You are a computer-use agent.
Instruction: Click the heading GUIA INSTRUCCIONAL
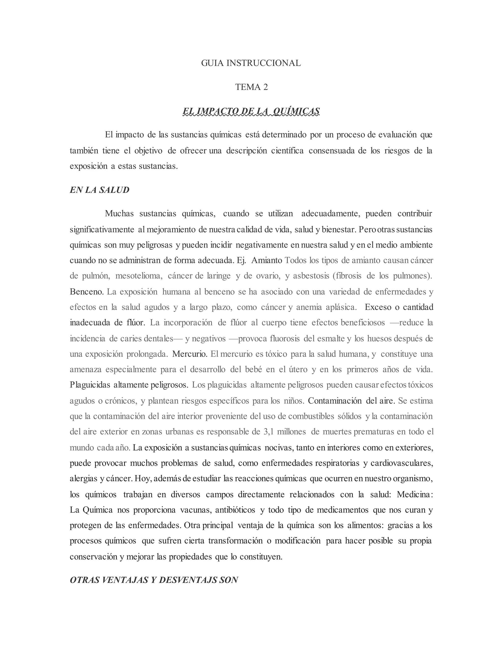251,63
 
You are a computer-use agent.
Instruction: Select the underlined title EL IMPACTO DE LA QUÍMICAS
251,111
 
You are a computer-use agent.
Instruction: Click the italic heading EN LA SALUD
99,190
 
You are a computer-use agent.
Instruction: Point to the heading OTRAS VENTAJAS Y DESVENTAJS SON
154,580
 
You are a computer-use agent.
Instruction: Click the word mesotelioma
139,276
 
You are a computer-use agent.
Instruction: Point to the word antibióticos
235,510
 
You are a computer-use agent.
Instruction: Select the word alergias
84,479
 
